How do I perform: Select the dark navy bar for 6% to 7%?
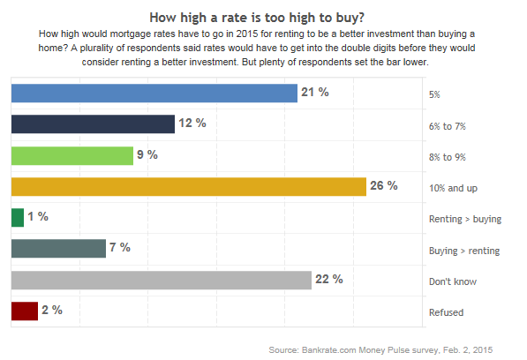click(93, 124)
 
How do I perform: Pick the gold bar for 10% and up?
click(188, 186)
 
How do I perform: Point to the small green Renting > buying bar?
click(17, 217)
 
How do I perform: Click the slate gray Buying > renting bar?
click(58, 249)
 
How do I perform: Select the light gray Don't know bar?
click(161, 280)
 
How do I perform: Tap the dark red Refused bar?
click(24, 311)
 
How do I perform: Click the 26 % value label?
click(385, 186)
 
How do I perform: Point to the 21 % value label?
click(315, 92)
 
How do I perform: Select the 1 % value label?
click(38, 217)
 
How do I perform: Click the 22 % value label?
click(329, 280)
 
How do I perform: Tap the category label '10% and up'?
click(451, 188)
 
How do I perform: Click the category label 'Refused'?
click(445, 312)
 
